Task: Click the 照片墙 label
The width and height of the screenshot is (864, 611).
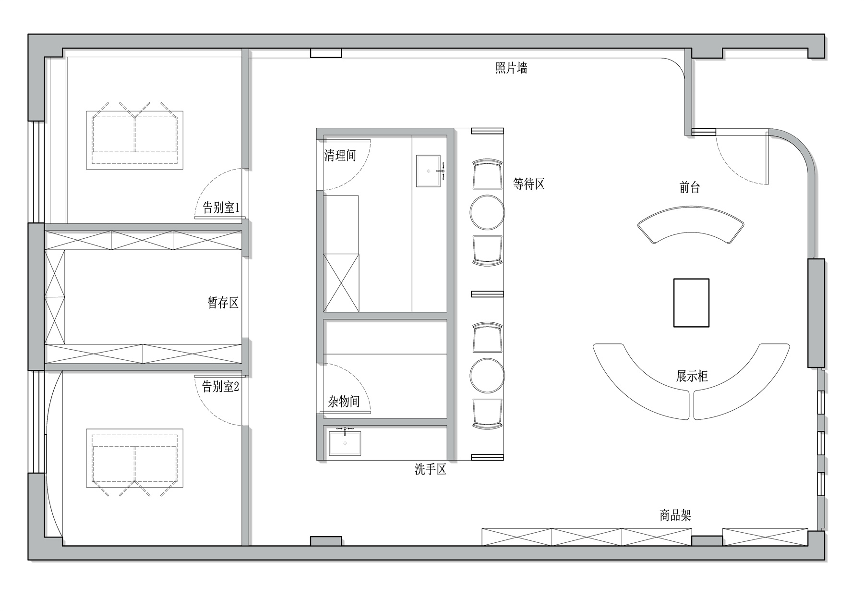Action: [511, 69]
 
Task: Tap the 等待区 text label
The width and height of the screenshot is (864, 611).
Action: [529, 183]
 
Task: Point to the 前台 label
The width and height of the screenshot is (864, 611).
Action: [690, 187]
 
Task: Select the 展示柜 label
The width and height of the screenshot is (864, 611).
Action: [692, 376]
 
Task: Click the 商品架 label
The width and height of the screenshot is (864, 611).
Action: [675, 515]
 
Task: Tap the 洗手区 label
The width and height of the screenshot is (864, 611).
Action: [431, 469]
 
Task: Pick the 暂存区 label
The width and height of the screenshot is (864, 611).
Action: [223, 303]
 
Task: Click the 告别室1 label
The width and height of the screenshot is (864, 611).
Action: [221, 208]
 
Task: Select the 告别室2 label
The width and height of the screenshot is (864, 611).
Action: [221, 386]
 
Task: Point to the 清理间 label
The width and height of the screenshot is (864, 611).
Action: [340, 155]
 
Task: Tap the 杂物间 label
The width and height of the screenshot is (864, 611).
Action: [344, 401]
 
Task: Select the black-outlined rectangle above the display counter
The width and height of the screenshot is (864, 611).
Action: [691, 303]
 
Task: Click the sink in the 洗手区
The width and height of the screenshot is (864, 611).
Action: [345, 443]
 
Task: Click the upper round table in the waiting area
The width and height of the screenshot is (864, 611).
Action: [487, 212]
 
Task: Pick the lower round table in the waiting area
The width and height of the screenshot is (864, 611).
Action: [487, 375]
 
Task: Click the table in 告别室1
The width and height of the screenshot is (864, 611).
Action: [134, 140]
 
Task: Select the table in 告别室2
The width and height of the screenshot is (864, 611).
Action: [134, 458]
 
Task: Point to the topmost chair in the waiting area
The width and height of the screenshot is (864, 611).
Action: [487, 174]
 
